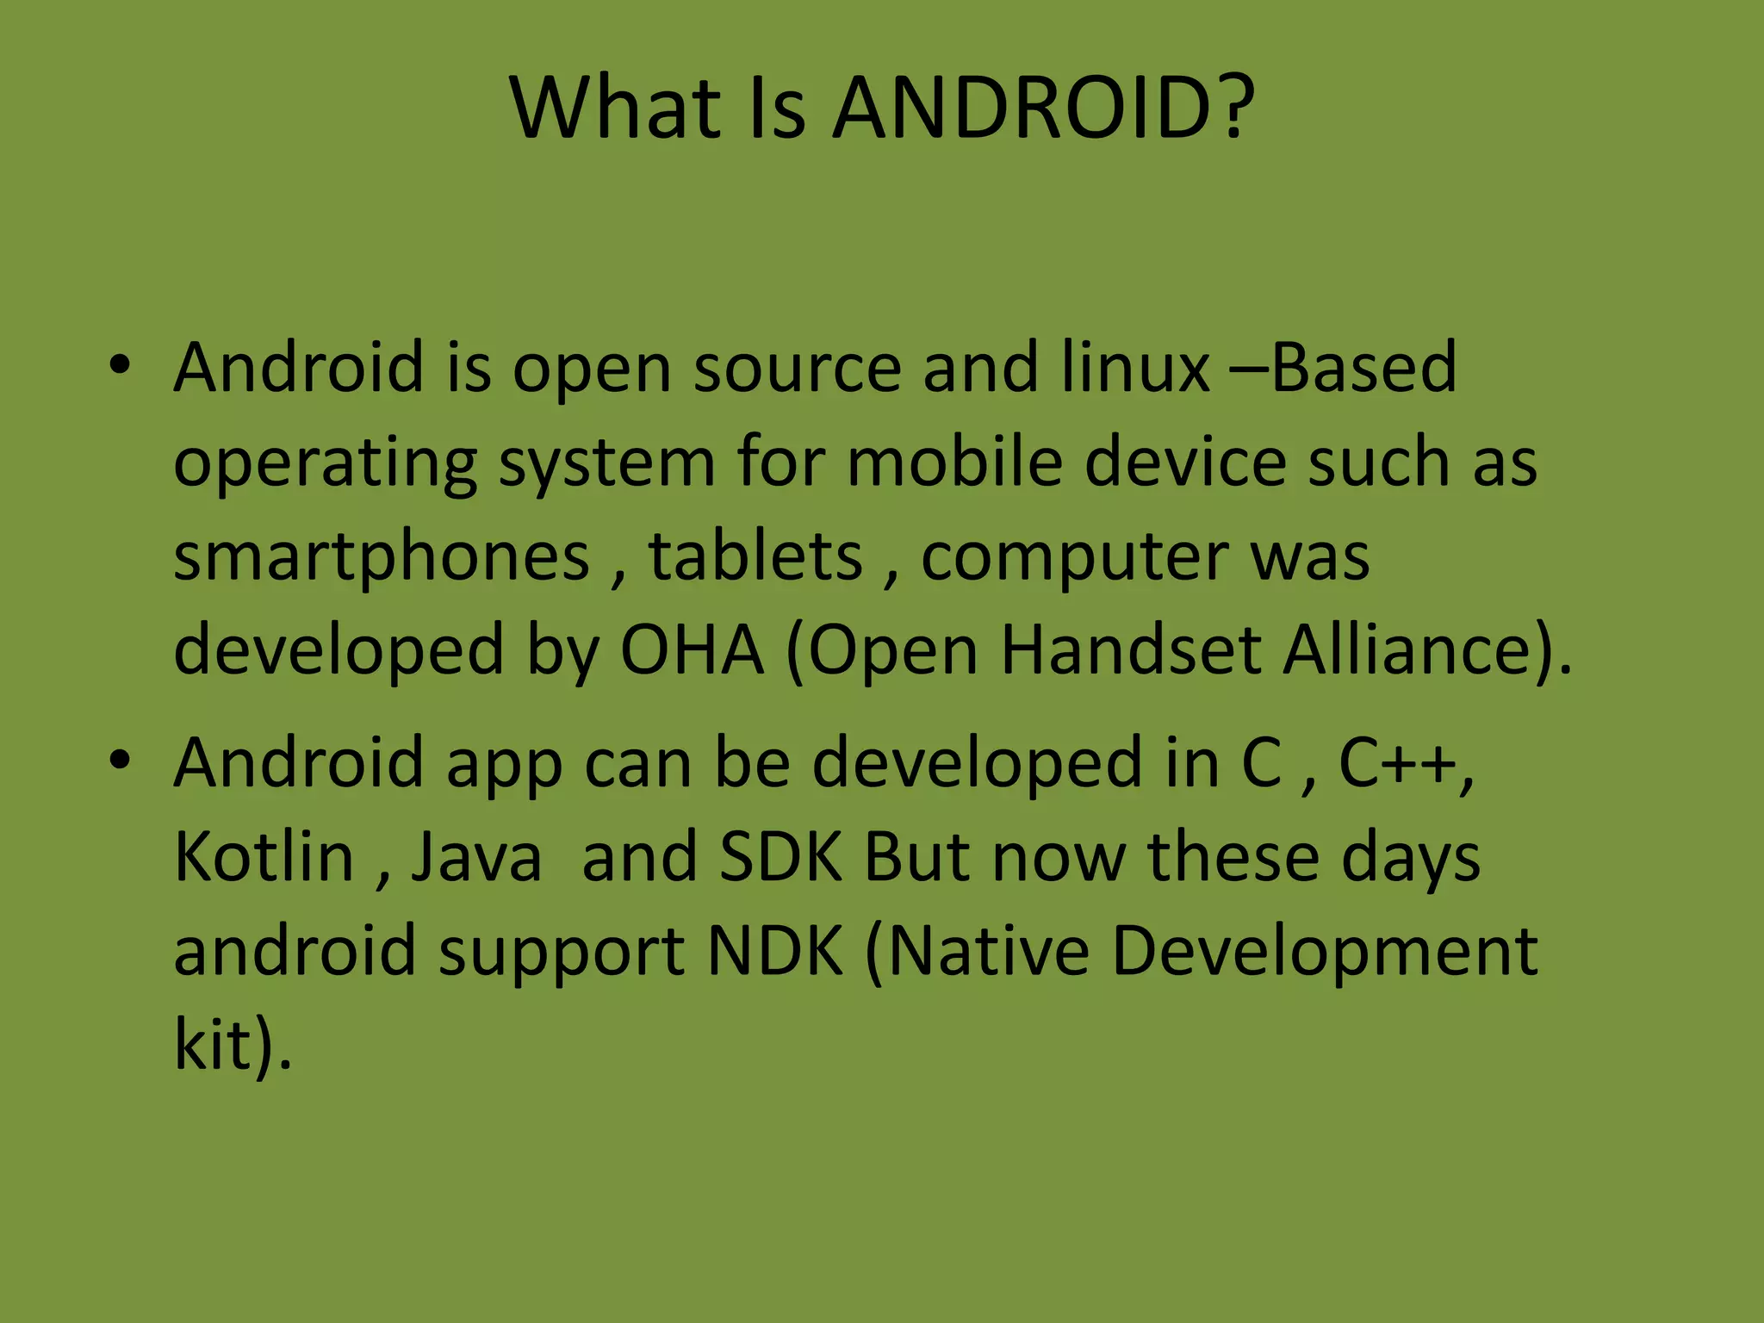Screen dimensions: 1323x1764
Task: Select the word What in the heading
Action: (x=616, y=109)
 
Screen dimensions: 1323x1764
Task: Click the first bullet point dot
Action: (x=120, y=365)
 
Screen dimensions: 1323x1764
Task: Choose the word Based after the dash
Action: (x=1364, y=368)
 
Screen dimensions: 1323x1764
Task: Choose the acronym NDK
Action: (x=774, y=951)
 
